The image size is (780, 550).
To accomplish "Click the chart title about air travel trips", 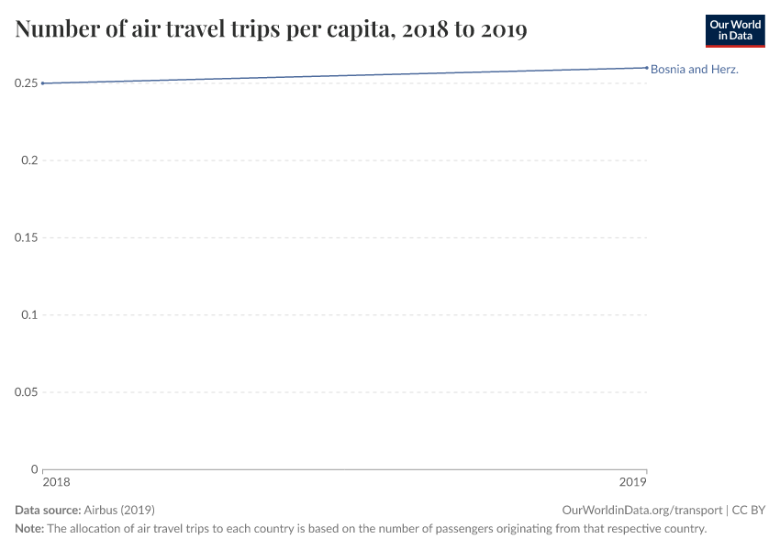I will (271, 30).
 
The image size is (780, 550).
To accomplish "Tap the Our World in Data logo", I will (734, 30).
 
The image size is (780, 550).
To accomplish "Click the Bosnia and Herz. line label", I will (694, 69).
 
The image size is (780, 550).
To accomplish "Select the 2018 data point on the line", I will (43, 83).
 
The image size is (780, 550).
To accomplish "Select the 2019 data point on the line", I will (646, 67).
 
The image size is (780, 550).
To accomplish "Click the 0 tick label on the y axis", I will (34, 468).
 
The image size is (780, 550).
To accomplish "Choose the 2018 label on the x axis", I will (56, 481).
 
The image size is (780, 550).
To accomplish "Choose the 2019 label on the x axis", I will (633, 481).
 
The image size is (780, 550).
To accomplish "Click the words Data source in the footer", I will (48, 510).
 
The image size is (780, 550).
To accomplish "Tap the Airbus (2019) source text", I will (119, 510).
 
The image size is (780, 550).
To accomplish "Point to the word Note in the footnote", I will (28, 529).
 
